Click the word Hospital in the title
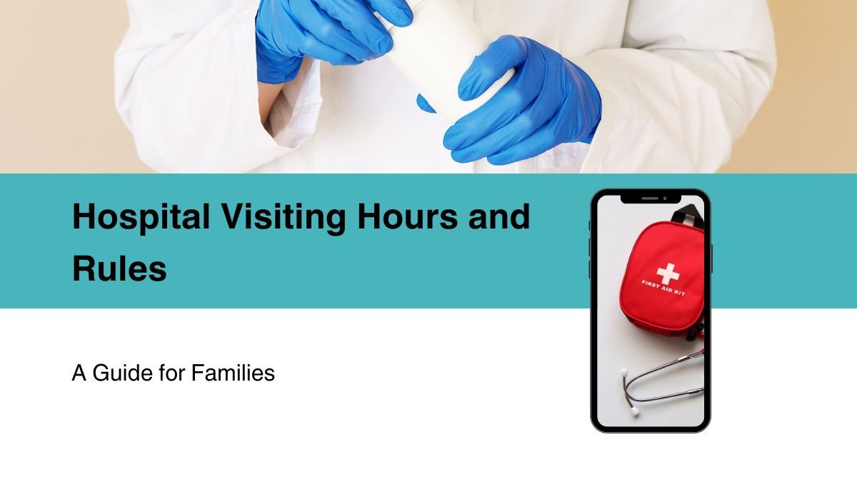[141, 218]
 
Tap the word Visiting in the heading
[284, 218]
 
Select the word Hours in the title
[407, 217]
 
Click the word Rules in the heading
[119, 269]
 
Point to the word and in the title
[499, 217]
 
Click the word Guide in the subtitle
[123, 373]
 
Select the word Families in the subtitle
[233, 373]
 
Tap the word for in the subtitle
[172, 373]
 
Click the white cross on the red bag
[668, 274]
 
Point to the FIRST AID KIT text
[663, 288]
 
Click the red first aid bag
[663, 279]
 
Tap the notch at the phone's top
[651, 199]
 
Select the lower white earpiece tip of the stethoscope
[635, 411]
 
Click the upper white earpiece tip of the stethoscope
[624, 372]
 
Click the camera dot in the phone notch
[666, 199]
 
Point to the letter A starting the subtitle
[79, 373]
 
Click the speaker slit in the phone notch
[650, 199]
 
